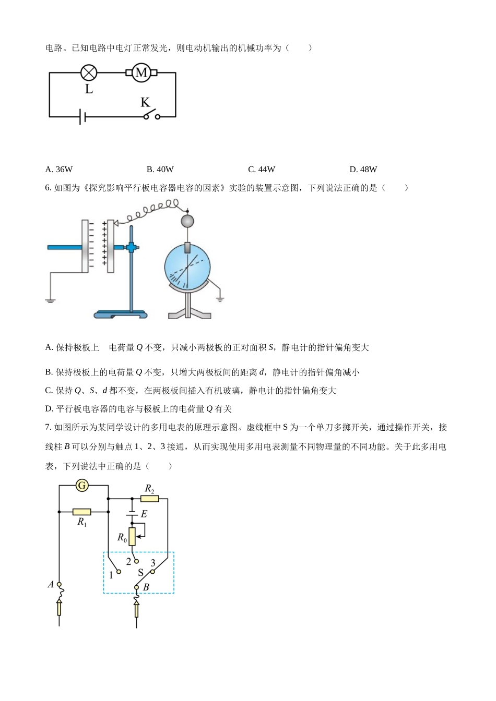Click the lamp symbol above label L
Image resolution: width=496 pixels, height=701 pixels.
89,72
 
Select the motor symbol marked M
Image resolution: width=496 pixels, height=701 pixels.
141,72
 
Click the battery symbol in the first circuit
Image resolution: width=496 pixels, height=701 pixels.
82,116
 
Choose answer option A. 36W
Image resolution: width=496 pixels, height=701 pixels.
59,169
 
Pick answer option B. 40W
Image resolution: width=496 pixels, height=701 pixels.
160,169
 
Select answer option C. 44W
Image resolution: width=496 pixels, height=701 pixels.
261,169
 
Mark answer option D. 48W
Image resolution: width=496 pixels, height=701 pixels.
363,169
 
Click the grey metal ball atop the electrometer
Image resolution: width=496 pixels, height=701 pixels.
187,221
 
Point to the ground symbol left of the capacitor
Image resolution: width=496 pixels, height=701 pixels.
50,300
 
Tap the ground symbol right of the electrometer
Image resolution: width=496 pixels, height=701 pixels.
220,298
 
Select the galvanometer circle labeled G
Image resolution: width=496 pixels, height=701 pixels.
82,486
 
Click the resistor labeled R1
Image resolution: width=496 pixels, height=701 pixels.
82,512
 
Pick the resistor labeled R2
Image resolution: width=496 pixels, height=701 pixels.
150,498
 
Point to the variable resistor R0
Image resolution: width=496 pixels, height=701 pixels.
132,536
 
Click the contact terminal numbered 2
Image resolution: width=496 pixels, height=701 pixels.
136,561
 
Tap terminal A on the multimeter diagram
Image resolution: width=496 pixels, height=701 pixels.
59,584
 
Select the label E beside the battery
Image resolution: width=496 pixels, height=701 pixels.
144,514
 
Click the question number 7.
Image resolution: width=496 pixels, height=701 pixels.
48,427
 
